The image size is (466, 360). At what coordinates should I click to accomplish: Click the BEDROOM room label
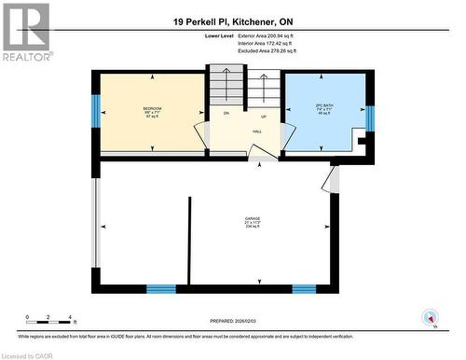point(152,109)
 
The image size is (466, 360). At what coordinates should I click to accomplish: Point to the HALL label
point(256,132)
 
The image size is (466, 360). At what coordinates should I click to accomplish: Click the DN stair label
point(226,113)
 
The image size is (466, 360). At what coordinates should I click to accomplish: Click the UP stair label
point(264,117)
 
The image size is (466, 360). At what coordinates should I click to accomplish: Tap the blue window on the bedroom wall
point(95,112)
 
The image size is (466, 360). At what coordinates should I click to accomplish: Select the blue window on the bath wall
point(370,118)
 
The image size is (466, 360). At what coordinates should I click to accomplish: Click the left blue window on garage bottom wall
point(161,289)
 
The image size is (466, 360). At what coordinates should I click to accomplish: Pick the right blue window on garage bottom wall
point(304,289)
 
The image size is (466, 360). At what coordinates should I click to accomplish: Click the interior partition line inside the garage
point(191,238)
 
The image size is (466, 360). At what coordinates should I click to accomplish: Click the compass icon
point(430,317)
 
